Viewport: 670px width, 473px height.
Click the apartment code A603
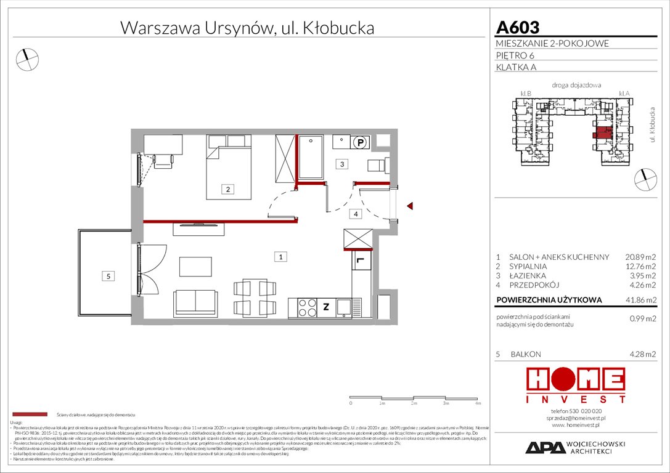(x=518, y=28)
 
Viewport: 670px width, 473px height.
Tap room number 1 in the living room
(x=280, y=257)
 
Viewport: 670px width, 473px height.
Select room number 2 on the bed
(x=227, y=190)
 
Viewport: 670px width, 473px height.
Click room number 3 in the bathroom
(x=342, y=164)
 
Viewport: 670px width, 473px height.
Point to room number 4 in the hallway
(x=355, y=214)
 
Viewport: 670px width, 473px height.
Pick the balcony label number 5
(x=108, y=277)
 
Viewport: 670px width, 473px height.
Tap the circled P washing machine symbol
(x=361, y=142)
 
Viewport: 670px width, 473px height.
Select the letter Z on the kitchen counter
(x=326, y=305)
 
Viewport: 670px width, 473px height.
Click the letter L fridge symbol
(x=360, y=262)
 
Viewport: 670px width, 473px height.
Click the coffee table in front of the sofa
(x=195, y=266)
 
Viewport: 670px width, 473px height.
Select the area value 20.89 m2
(x=640, y=257)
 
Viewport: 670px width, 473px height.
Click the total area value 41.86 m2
(x=640, y=301)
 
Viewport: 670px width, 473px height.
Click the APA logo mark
(x=545, y=448)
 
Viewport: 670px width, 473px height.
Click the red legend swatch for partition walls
(x=30, y=414)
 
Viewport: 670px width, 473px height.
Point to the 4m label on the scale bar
(x=478, y=403)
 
